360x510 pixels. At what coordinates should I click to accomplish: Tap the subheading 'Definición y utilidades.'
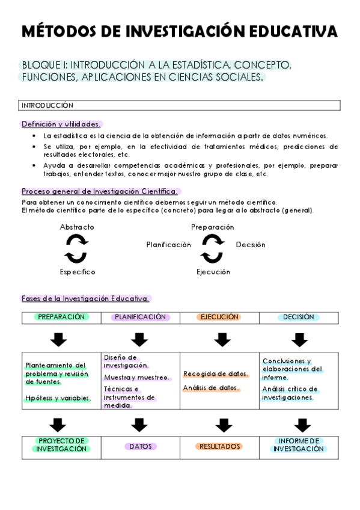[61, 124]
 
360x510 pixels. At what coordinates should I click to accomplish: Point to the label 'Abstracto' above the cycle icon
[77, 227]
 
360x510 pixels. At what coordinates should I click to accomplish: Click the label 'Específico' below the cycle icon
[77, 272]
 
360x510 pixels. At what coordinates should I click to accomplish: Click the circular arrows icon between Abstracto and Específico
[76, 249]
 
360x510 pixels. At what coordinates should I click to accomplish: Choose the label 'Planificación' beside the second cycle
[169, 245]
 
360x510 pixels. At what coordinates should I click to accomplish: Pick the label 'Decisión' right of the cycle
[251, 245]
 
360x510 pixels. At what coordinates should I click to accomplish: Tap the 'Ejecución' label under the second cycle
[213, 272]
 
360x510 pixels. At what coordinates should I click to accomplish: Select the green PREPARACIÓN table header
[61, 317]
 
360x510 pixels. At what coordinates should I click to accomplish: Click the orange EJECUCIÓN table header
[219, 317]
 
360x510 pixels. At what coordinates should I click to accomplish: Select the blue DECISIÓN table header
[298, 317]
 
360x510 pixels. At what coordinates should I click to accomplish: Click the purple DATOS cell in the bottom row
[141, 446]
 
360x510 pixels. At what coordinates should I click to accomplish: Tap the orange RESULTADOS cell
[220, 446]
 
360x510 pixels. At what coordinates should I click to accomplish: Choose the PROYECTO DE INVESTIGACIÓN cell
[61, 445]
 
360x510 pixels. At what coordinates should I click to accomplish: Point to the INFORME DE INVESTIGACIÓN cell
[298, 445]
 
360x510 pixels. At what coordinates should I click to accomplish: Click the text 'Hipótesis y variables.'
[58, 398]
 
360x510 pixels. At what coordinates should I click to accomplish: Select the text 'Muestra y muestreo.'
[129, 377]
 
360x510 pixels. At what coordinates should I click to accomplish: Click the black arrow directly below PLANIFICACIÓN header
[139, 340]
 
